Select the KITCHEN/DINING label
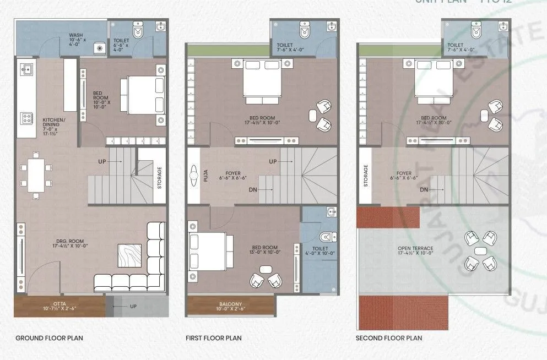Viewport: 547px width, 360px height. [54, 126]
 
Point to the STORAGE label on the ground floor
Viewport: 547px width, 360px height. [160, 178]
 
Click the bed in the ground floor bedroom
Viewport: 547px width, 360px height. [142, 94]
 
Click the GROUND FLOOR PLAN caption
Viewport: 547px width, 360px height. [49, 338]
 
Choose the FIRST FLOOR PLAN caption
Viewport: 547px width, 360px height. [214, 338]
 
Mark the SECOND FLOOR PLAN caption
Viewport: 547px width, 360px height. [389, 338]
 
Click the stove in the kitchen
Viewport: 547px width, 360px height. [25, 118]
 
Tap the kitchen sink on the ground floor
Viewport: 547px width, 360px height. [26, 69]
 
